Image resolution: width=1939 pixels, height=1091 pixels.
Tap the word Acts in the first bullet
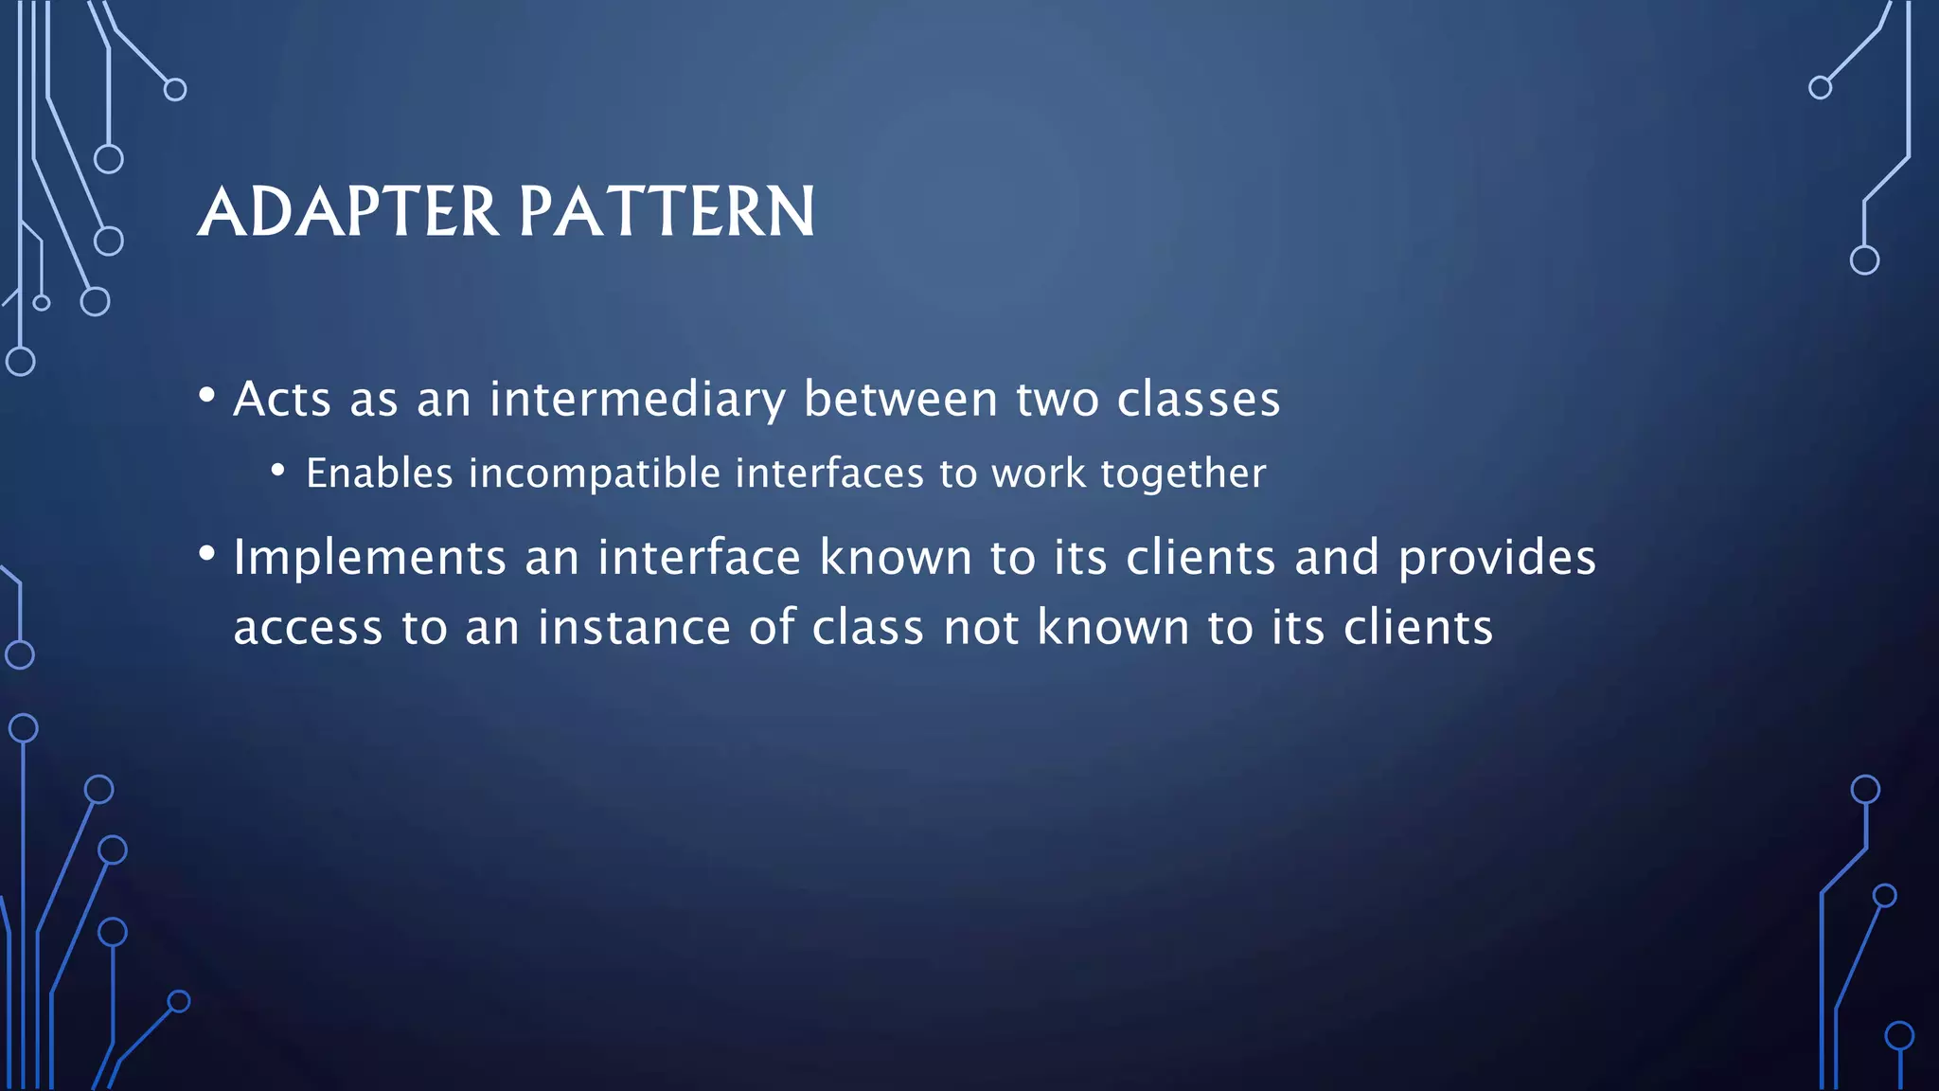(282, 399)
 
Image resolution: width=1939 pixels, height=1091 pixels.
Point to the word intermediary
(637, 399)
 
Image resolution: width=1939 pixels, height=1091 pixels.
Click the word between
(900, 399)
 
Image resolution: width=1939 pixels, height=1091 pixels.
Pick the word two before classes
(1058, 399)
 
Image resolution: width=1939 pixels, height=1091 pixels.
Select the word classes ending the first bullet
(1199, 399)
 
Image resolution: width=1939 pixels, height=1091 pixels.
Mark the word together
(1183, 473)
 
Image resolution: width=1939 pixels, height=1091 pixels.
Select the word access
(309, 628)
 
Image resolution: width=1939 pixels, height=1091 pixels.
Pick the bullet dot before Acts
(206, 394)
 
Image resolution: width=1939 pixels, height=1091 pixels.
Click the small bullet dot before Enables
(277, 469)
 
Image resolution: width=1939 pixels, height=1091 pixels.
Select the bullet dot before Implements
(206, 553)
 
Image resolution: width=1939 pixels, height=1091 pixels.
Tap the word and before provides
(1337, 557)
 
